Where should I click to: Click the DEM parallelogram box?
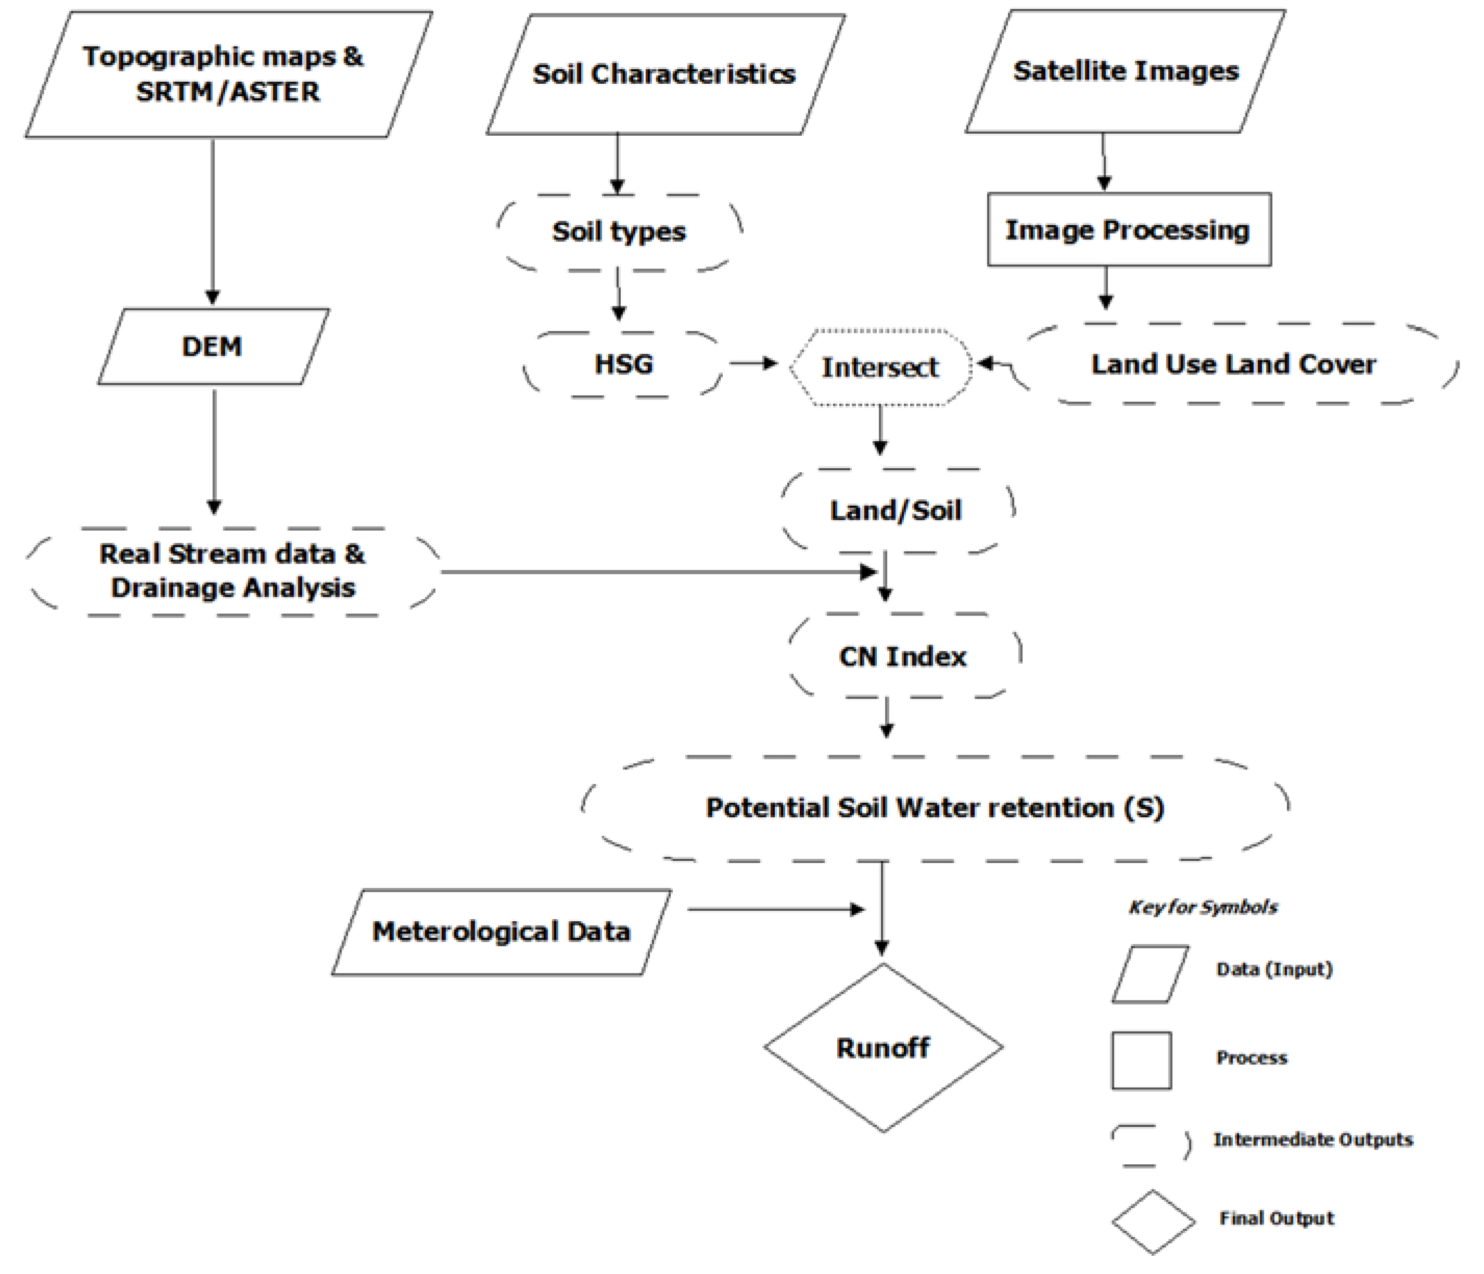tap(213, 346)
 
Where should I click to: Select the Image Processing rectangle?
tap(1128, 230)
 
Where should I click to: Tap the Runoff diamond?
tap(882, 1048)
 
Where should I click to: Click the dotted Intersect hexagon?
tap(880, 367)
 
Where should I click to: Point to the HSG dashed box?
tap(623, 364)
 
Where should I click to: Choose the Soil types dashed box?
tap(619, 232)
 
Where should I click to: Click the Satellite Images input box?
tap(1125, 71)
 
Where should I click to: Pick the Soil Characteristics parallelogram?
tap(664, 74)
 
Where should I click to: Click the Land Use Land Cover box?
tap(1233, 364)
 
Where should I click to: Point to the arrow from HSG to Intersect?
tap(753, 363)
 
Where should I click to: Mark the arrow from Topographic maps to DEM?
tap(213, 222)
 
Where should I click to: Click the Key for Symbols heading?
tap(1202, 907)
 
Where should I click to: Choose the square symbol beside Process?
tap(1141, 1061)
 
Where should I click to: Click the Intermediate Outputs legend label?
tap(1312, 1139)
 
